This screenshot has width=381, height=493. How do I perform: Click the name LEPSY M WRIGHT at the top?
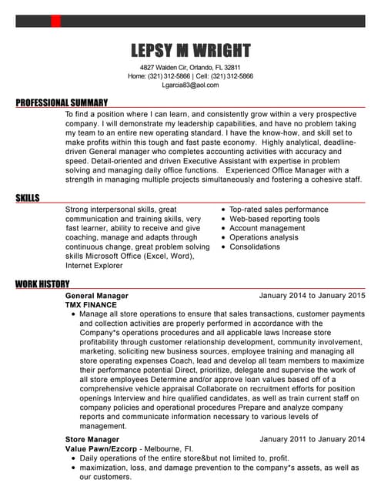(x=190, y=51)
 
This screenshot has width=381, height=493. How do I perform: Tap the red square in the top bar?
(x=55, y=21)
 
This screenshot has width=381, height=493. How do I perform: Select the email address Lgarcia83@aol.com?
(x=190, y=86)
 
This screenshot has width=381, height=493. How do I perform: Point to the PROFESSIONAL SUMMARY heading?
(x=62, y=102)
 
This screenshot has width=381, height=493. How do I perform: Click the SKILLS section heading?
(x=28, y=199)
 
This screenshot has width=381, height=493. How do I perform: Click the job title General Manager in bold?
(x=97, y=296)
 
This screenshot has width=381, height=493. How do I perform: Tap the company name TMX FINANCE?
(x=91, y=305)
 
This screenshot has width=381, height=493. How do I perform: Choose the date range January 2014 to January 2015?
(x=312, y=296)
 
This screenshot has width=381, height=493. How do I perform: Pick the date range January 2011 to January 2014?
(x=312, y=439)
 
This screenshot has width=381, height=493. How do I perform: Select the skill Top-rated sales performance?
(x=279, y=210)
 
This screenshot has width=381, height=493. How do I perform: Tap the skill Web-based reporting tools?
(x=274, y=219)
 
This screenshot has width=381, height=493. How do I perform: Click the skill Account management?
(x=267, y=228)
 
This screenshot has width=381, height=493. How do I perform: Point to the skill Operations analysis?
(x=263, y=238)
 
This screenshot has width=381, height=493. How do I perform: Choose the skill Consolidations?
(x=255, y=247)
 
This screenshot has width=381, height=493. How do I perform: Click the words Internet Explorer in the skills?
(x=94, y=266)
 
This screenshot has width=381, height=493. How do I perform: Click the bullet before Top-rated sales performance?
(x=223, y=210)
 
